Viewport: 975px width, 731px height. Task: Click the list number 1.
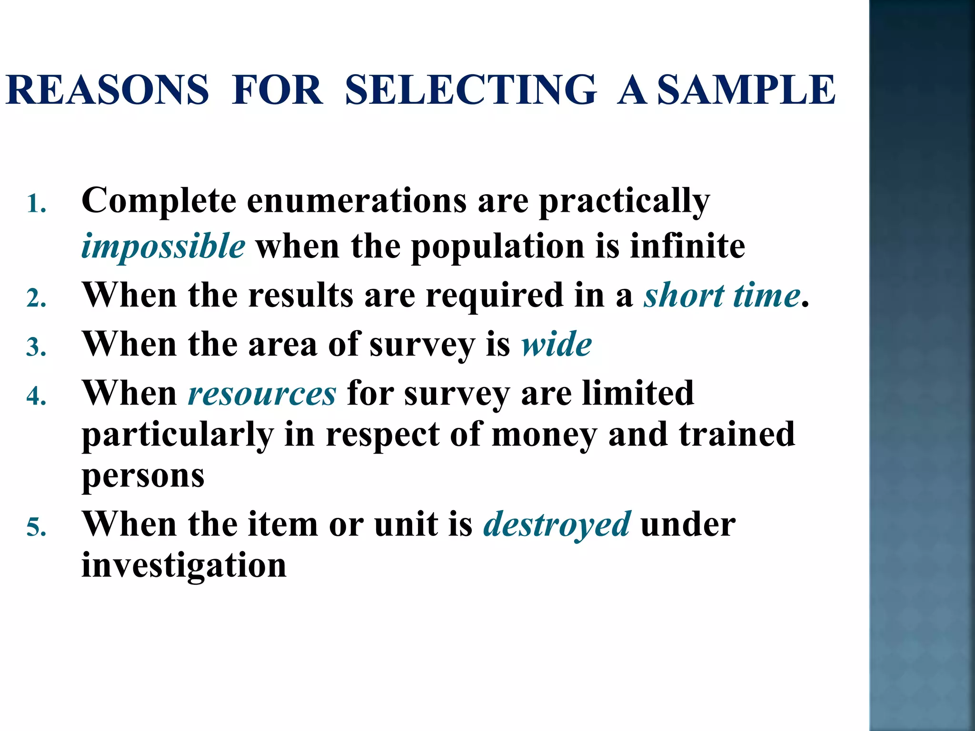(x=36, y=205)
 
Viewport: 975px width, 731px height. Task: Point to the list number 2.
(x=36, y=299)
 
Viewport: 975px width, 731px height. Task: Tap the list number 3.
(x=36, y=347)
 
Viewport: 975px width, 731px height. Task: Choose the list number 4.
(x=36, y=396)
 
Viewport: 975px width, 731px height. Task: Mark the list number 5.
(x=36, y=527)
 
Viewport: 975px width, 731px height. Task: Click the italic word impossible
(x=163, y=247)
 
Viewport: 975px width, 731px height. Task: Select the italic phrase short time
(x=722, y=296)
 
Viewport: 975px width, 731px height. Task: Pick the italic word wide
(x=557, y=344)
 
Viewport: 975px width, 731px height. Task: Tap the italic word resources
(x=262, y=394)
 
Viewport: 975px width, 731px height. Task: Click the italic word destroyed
(x=557, y=524)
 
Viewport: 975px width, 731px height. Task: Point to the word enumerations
(x=357, y=200)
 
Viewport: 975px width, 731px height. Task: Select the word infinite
(x=687, y=246)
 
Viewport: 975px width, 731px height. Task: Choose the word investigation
(x=184, y=565)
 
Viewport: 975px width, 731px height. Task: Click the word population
(x=497, y=247)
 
